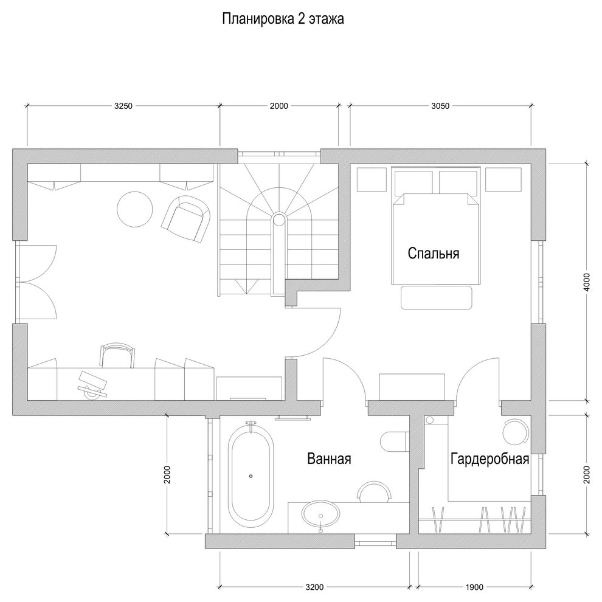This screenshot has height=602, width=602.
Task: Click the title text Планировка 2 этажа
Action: (x=283, y=19)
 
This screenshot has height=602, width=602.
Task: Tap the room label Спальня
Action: (x=433, y=253)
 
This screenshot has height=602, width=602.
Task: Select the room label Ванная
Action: (x=328, y=458)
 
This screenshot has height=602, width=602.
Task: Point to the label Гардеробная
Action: (x=490, y=458)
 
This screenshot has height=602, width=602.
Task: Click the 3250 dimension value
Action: (x=123, y=106)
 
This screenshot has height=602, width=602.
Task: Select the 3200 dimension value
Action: (x=314, y=587)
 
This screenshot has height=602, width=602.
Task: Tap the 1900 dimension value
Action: (x=474, y=587)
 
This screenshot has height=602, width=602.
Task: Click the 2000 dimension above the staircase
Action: (x=279, y=106)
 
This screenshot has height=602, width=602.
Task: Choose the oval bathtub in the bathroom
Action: (x=251, y=476)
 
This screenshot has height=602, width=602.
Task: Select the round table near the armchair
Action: (x=134, y=209)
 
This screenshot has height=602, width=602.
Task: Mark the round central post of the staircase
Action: (x=278, y=220)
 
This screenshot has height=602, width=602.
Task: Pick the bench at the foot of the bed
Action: (x=436, y=297)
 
